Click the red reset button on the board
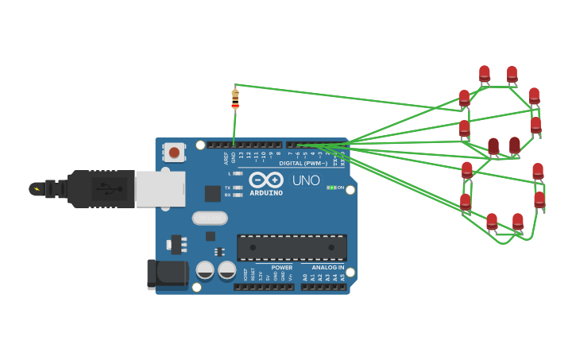tap(174, 152)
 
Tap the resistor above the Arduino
tap(235, 99)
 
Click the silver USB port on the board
tap(160, 188)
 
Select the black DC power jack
tap(167, 274)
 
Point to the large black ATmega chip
tap(292, 247)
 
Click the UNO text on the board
tap(306, 180)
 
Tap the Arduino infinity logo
tap(266, 180)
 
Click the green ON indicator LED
tap(331, 188)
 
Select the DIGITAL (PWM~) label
tap(303, 163)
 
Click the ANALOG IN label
tap(327, 268)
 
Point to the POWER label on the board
tap(281, 268)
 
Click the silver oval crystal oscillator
tap(210, 218)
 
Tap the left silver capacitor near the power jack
tap(205, 270)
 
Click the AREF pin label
tap(226, 157)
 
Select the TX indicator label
tap(227, 188)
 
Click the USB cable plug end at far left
tap(37, 188)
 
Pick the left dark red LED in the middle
tap(493, 146)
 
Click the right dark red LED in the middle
tap(515, 145)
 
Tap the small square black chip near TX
tap(212, 193)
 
